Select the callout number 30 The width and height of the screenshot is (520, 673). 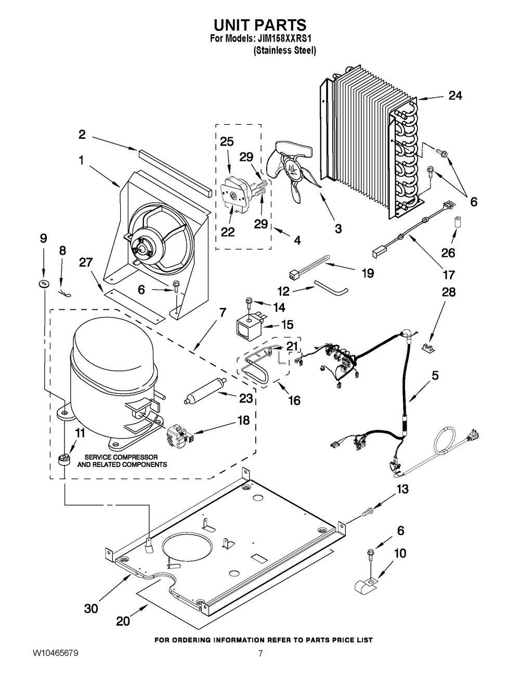(x=91, y=608)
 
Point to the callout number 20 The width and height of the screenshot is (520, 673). (x=123, y=620)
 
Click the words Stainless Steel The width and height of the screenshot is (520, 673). (x=284, y=51)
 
